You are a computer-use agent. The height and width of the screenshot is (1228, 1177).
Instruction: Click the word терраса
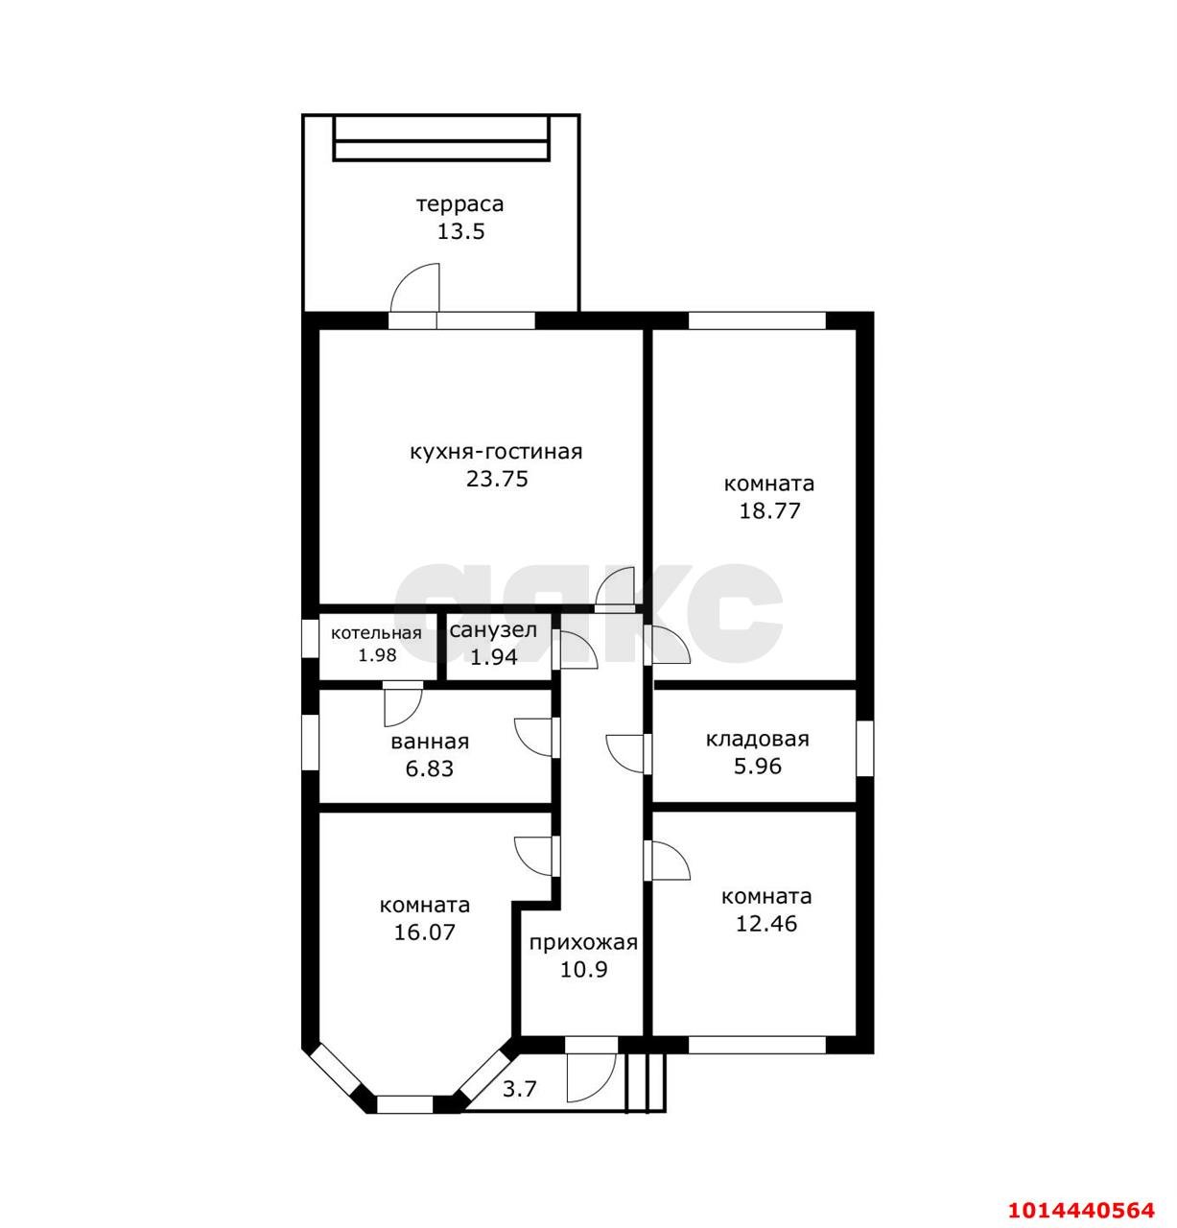point(459,204)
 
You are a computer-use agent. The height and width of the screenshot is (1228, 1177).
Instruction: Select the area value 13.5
point(460,231)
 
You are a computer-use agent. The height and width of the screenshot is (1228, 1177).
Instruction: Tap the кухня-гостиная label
point(496,452)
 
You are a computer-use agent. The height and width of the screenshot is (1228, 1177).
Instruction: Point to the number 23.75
point(497,479)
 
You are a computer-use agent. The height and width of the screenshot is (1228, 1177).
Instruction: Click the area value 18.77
point(769,510)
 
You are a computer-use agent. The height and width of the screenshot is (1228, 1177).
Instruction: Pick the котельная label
point(376,633)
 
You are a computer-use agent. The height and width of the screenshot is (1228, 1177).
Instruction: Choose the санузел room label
point(493,629)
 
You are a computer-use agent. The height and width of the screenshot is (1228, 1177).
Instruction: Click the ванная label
point(430,742)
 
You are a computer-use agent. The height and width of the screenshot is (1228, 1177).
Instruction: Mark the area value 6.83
point(430,768)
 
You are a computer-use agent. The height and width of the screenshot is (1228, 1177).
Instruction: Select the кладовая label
point(757,739)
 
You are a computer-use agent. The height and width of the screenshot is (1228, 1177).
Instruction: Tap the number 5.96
point(757,766)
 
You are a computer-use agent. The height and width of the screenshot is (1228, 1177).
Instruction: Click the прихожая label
point(583,943)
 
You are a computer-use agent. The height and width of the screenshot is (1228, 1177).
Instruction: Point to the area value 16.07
point(424,933)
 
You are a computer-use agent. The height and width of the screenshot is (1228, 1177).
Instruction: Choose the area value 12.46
point(766,923)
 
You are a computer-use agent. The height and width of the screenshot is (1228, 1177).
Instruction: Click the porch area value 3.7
point(519,1089)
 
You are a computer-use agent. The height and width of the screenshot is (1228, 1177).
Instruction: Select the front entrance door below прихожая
point(591,1074)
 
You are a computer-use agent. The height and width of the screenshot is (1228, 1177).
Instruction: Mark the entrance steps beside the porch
point(645,1082)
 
